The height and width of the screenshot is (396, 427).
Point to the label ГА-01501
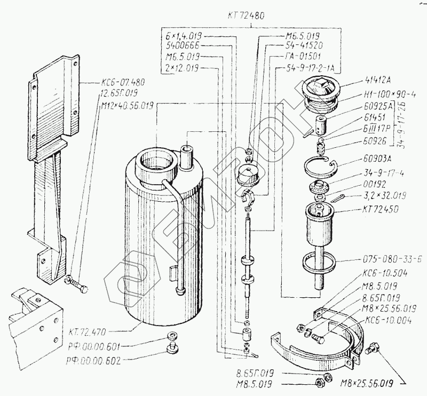[x=301, y=57]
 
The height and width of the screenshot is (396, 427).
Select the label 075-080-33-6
[x=392, y=259]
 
